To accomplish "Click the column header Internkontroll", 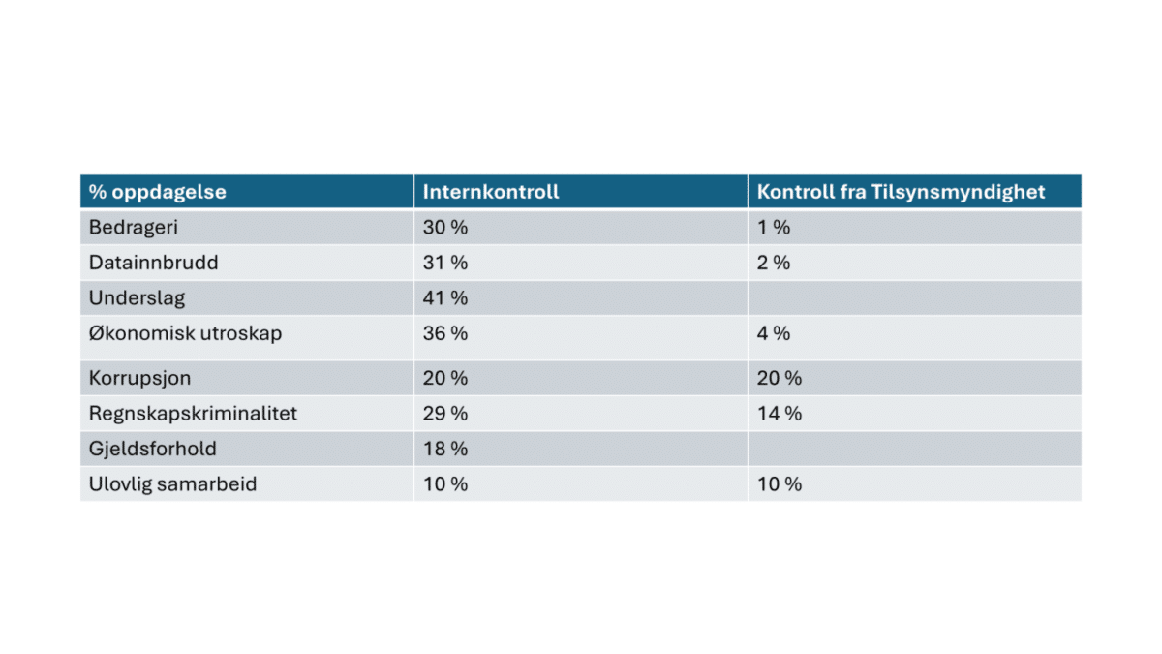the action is click(x=491, y=192).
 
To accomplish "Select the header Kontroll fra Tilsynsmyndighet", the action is click(x=901, y=193).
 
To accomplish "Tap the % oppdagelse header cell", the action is click(x=157, y=193).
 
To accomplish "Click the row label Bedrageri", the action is click(x=134, y=228).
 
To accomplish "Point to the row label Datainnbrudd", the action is click(x=154, y=263).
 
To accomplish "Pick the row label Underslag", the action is click(x=137, y=298).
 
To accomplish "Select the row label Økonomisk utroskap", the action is click(x=185, y=333).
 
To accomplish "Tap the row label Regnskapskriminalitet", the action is click(x=193, y=414).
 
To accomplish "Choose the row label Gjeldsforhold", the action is click(x=153, y=449).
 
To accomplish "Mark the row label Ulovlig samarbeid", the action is click(x=172, y=484).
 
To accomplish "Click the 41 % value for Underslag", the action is click(x=445, y=298).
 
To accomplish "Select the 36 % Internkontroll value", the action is click(x=445, y=333).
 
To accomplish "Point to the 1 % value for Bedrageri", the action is click(x=774, y=228).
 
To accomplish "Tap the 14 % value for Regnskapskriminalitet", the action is click(x=780, y=414).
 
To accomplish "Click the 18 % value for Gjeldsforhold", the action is click(x=445, y=449).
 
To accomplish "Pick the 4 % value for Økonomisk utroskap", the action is click(x=774, y=333).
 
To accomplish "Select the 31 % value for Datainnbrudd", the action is click(x=445, y=263).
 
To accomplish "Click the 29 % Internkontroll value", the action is click(x=445, y=414).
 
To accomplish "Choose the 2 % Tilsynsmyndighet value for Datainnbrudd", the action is click(x=774, y=263).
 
